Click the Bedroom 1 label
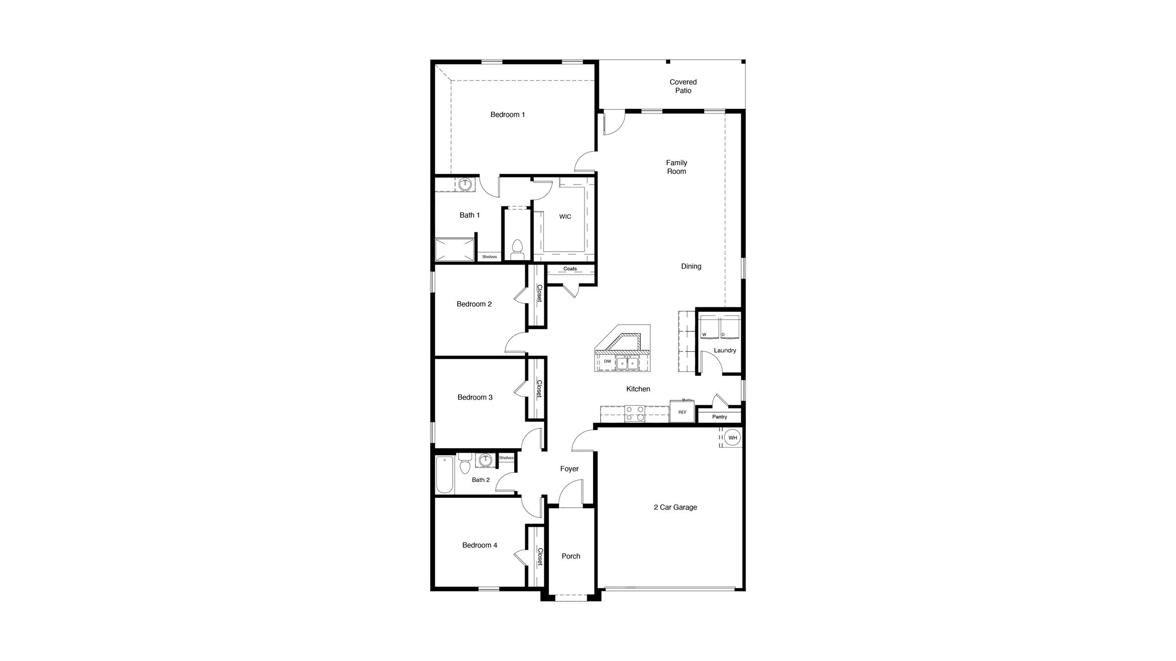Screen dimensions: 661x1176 click(x=507, y=114)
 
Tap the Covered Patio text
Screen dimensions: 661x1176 click(x=683, y=86)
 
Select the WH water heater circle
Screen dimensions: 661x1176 click(x=732, y=438)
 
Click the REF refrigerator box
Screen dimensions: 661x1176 click(x=682, y=412)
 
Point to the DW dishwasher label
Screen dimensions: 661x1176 click(x=607, y=362)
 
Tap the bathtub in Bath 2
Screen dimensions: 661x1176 click(x=445, y=474)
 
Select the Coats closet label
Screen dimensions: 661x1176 click(x=570, y=269)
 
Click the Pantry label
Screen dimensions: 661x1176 click(x=719, y=417)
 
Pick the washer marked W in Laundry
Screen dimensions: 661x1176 click(x=708, y=327)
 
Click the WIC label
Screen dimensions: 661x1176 click(x=565, y=216)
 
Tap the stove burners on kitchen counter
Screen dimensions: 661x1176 click(x=634, y=414)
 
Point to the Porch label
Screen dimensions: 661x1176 click(x=571, y=556)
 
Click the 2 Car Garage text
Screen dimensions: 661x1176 click(x=675, y=507)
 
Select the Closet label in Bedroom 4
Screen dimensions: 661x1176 click(x=540, y=557)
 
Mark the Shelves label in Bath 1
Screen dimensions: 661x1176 click(x=490, y=257)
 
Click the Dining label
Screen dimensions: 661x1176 click(x=691, y=266)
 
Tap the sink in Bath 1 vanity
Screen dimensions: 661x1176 click(x=466, y=185)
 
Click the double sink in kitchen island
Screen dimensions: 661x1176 click(x=627, y=363)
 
